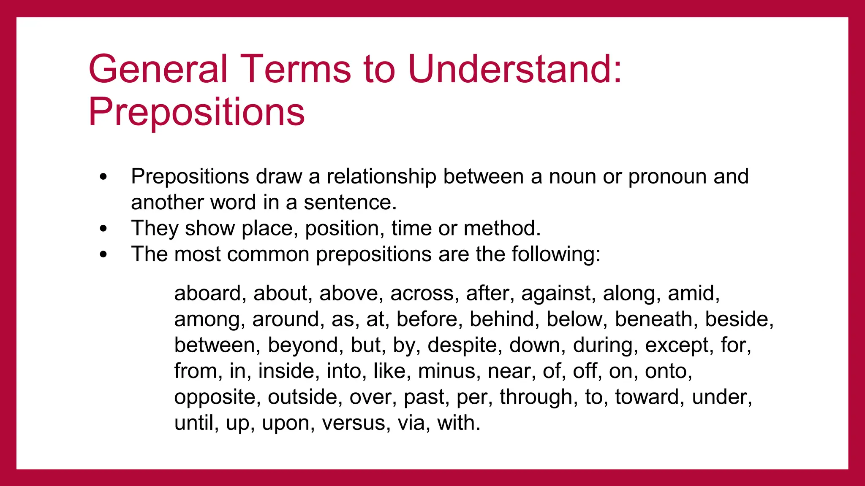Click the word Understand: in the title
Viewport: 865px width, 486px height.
(x=515, y=69)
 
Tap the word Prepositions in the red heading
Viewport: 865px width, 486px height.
(x=196, y=112)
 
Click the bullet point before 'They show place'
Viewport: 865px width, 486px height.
(x=103, y=229)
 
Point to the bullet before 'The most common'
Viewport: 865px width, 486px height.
(x=103, y=254)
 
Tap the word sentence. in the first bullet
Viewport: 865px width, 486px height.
(x=350, y=202)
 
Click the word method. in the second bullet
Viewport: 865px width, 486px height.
(x=502, y=228)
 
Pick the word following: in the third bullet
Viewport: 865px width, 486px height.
(x=556, y=255)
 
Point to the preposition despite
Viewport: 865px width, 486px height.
(x=465, y=346)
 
